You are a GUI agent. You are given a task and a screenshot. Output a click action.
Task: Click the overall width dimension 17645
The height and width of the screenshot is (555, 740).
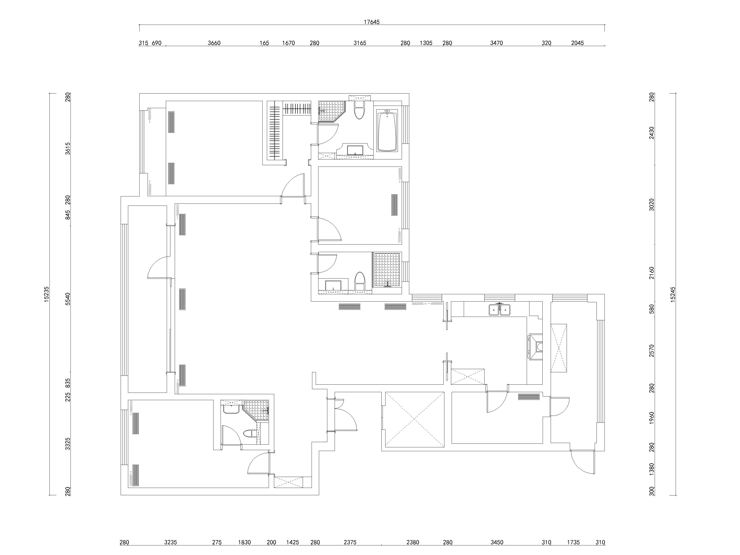[x=372, y=22]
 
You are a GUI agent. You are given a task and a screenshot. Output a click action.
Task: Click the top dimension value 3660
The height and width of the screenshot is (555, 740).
[x=214, y=43]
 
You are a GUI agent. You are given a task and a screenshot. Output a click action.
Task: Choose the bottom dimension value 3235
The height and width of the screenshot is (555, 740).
[x=170, y=542]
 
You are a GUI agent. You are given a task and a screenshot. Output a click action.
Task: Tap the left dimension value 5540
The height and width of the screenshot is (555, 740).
[x=68, y=298]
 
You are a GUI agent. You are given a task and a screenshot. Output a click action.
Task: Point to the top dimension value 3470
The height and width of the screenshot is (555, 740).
[x=496, y=43]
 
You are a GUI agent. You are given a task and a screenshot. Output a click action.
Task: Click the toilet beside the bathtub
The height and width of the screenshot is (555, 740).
[x=359, y=110]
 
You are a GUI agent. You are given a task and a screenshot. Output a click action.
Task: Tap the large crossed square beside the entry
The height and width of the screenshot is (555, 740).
[x=414, y=420]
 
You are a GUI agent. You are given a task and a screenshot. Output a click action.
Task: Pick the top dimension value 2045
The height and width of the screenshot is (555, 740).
[x=577, y=43]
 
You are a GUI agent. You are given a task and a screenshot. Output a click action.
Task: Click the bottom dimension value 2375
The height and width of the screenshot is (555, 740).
[x=350, y=542]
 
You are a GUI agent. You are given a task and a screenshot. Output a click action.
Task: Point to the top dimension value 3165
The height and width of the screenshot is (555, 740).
[x=360, y=43]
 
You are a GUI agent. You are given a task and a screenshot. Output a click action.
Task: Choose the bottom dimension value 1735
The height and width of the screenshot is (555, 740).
[x=573, y=542]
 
